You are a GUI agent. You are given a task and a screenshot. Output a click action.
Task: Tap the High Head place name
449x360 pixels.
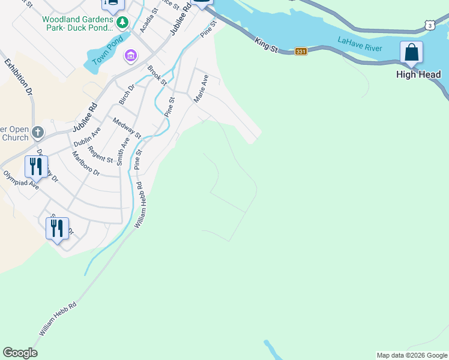pyautogui.click(x=418, y=74)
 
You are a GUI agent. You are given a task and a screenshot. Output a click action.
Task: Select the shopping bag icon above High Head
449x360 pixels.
pyautogui.click(x=411, y=52)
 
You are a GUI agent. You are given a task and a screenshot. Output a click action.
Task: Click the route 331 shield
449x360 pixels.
pyautogui.click(x=301, y=52)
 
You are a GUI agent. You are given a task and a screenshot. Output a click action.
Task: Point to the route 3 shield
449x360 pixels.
pyautogui.click(x=429, y=25)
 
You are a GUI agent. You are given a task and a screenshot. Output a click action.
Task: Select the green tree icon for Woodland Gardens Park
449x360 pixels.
pyautogui.click(x=123, y=23)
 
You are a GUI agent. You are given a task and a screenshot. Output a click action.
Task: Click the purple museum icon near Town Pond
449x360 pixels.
pyautogui.click(x=130, y=56)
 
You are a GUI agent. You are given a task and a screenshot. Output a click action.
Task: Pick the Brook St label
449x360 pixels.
pyautogui.click(x=156, y=75)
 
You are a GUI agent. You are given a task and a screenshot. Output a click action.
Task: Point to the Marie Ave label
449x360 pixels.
pyautogui.click(x=200, y=88)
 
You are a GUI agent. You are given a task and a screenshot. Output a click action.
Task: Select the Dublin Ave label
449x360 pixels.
pyautogui.click(x=87, y=137)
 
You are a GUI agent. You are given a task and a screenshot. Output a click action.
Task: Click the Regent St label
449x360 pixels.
pyautogui.click(x=100, y=154)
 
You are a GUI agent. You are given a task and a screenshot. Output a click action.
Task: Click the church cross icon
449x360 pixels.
pyautogui.click(x=37, y=131)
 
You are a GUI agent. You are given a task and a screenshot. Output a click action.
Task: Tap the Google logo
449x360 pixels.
pyautogui.click(x=20, y=353)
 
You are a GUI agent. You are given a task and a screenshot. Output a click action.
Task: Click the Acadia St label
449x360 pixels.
pyautogui.click(x=148, y=20)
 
